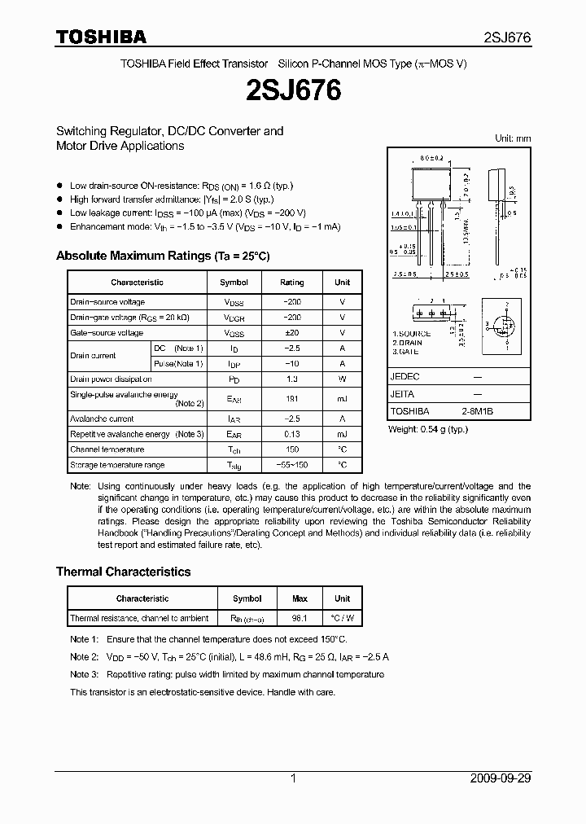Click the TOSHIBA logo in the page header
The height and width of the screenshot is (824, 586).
pos(101,37)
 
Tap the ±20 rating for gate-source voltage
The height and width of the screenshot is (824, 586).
pos(291,333)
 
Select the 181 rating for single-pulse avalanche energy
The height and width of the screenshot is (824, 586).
pos(291,399)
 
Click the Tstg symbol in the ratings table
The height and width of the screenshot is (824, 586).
pos(234,466)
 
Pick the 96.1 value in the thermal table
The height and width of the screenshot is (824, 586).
pos(300,619)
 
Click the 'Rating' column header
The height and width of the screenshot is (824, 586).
pos(291,283)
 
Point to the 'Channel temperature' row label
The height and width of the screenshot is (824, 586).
pos(107,449)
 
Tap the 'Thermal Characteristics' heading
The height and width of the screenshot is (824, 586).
pos(123,572)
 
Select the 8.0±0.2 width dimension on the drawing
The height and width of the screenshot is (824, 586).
pos(431,158)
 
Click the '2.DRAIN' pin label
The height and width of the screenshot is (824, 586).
pos(408,343)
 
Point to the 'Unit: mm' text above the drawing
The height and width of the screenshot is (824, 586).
pos(513,138)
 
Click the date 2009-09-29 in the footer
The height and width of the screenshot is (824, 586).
pos(501,778)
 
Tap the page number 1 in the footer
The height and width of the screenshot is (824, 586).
pos(293,778)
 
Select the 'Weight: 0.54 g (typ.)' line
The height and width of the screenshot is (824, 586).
pos(428,428)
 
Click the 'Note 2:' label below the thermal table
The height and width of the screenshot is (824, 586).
pos(84,657)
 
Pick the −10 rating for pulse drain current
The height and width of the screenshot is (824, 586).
pos(291,363)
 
